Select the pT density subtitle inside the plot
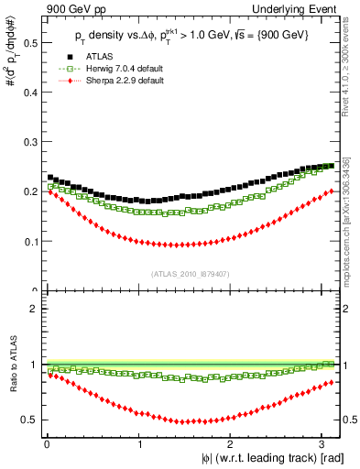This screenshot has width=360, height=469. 192,35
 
